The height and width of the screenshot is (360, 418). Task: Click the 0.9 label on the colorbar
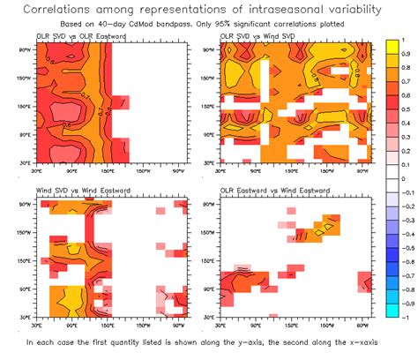(407, 54)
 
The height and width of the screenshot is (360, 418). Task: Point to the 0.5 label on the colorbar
(407, 110)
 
